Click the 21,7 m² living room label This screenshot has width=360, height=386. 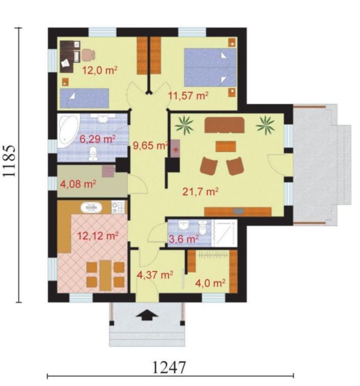201,192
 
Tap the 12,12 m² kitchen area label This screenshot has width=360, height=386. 98,236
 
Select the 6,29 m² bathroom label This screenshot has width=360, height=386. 98,139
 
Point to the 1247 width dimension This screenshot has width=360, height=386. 169,367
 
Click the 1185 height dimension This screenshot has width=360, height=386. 9,161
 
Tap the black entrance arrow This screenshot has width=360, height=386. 147,315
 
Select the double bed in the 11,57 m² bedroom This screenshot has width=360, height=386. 210,67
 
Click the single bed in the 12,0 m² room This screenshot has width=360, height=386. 84,98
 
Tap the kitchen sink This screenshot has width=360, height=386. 91,208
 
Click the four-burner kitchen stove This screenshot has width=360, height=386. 118,207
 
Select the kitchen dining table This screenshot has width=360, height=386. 105,275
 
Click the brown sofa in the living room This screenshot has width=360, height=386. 224,125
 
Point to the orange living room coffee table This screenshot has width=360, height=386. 226,146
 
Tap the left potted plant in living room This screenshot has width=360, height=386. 184,125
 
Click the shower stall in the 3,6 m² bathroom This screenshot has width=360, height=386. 224,233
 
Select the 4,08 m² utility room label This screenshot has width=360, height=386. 78,184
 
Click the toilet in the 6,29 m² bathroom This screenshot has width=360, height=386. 93,154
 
